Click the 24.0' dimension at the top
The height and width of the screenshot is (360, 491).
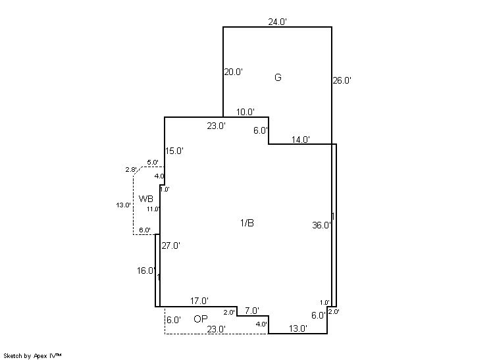coord(278,22)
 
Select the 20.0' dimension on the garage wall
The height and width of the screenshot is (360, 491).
coord(233,72)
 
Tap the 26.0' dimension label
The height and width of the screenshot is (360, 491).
coord(342,80)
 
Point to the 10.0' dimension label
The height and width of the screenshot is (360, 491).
coord(245,112)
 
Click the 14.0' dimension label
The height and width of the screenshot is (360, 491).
coord(301,140)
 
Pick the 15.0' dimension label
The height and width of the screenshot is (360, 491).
coord(174,151)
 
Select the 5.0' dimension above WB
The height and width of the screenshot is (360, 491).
coord(153,163)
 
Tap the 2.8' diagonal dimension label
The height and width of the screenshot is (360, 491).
coord(131,170)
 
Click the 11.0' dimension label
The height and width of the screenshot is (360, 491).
coord(153,209)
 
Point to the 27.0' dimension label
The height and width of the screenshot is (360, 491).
coord(170,245)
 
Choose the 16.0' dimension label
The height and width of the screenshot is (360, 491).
coord(146,270)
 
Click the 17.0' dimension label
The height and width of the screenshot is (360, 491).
coord(199,301)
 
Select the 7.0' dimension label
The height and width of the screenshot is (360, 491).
coord(252,311)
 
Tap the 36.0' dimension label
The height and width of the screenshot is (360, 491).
coord(322,225)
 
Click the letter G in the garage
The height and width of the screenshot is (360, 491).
coord(278,77)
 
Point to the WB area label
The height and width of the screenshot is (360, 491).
coord(146,199)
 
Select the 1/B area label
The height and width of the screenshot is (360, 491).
coord(247,223)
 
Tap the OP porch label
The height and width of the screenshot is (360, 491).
coord(201,319)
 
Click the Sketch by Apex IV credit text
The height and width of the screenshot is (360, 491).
coord(32,356)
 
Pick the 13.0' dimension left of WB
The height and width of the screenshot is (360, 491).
coord(123,205)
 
